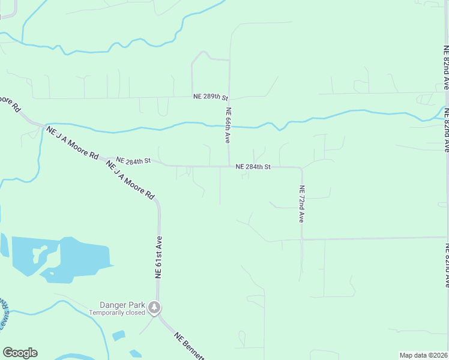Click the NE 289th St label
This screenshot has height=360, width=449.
(211, 97)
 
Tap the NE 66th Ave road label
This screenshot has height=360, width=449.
(228, 125)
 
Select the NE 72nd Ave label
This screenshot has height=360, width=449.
(301, 204)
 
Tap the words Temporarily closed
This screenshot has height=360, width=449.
(117, 313)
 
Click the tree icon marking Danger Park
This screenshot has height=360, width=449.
(155, 308)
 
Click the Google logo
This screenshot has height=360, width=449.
(20, 353)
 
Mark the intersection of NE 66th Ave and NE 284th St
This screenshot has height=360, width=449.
(229, 166)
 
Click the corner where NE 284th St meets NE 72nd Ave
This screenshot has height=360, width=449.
(301, 169)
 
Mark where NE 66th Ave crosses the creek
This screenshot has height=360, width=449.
(229, 127)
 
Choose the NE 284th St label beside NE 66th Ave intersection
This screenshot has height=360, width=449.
(253, 166)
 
